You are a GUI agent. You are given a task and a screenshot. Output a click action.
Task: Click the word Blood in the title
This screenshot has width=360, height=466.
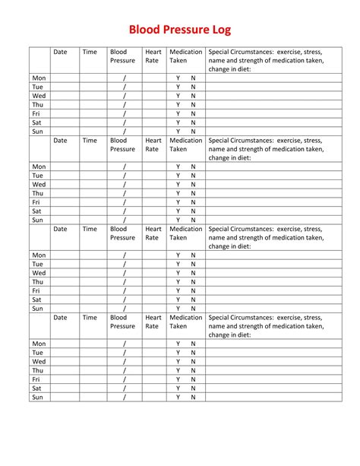[144, 30]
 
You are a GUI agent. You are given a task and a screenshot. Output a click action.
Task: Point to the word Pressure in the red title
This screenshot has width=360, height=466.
[185, 30]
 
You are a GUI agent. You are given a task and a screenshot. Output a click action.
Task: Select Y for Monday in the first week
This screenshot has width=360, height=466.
[178, 78]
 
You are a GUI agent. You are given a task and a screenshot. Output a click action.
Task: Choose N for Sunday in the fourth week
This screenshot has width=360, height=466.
[194, 397]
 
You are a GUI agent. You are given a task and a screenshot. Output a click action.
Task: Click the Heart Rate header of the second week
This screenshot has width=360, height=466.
[153, 145]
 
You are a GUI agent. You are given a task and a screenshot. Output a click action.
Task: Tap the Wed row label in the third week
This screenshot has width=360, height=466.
[39, 273]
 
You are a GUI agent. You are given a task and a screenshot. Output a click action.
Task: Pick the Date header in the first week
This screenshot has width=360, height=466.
[61, 52]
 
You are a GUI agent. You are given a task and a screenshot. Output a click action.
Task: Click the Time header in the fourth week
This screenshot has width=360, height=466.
[90, 318]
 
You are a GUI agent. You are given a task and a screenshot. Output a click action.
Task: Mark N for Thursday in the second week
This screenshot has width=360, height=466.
[194, 193]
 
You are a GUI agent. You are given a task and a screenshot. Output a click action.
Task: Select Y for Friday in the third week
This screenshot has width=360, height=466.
[178, 290]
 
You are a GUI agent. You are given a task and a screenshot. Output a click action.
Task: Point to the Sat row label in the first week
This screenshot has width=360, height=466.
[36, 122]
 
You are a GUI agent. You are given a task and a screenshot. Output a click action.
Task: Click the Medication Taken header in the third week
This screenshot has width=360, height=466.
[185, 233]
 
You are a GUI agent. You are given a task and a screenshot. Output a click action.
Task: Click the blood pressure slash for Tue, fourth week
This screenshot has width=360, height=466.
[124, 353]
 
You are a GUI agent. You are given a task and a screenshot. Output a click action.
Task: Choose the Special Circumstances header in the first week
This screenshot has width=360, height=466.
[265, 61]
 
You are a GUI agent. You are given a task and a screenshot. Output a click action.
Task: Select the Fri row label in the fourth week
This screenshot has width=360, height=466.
[36, 379]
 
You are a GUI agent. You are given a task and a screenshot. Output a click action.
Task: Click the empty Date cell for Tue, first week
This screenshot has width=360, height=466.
[65, 87]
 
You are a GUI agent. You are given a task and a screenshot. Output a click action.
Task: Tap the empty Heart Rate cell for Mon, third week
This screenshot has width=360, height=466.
[153, 255]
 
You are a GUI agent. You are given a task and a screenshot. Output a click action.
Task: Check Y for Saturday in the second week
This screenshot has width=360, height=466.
[178, 211]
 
